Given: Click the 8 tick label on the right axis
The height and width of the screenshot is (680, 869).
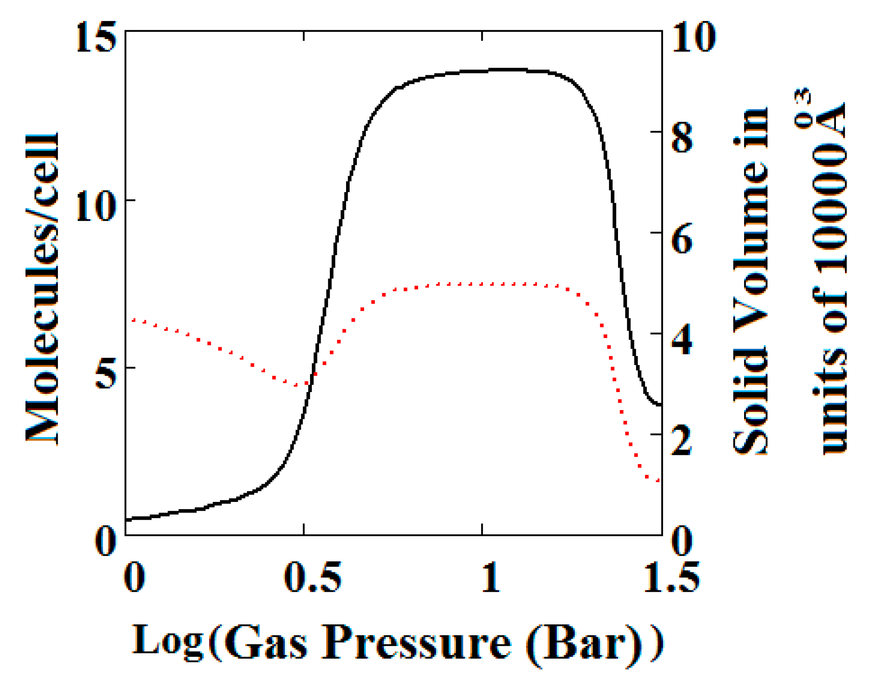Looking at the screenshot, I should coord(682,138).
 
